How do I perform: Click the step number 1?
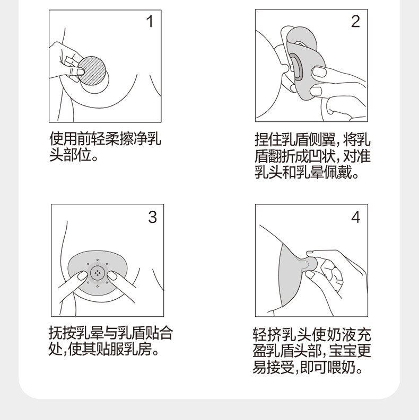(150, 21)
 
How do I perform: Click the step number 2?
(355, 21)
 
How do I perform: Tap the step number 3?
(152, 217)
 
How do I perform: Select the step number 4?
(355, 217)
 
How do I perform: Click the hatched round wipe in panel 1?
(92, 71)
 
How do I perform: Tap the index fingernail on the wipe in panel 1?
(81, 72)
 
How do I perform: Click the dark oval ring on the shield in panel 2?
(296, 67)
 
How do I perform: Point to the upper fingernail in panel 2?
(319, 72)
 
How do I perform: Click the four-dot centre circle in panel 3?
(97, 273)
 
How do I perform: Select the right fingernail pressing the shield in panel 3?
(112, 275)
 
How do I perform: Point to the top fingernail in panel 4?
(310, 252)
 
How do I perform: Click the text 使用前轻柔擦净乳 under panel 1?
(106, 138)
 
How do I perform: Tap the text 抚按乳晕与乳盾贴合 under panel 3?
(111, 333)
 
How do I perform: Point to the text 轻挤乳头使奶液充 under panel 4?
(312, 334)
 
